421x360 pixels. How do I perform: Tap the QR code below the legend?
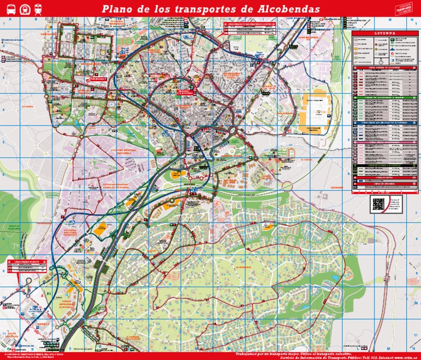pos(379,204)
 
